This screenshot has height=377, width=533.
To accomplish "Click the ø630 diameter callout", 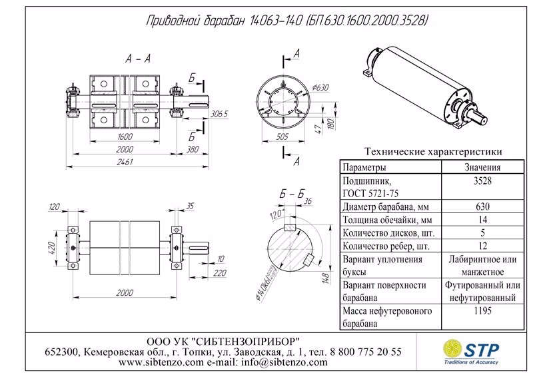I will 321,87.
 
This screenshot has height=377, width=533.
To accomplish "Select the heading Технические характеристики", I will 430,151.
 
